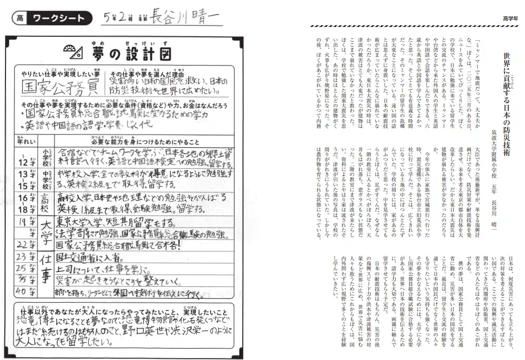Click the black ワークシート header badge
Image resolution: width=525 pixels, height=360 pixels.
pos(58,19)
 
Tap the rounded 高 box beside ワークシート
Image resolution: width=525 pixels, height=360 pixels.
pos(19,19)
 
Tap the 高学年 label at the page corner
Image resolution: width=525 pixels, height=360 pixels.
pos(510,18)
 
